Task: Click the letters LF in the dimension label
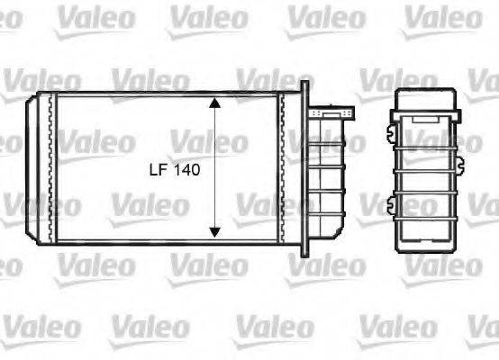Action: [158, 168]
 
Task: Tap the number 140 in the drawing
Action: [185, 168]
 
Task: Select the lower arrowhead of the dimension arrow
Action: [214, 231]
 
